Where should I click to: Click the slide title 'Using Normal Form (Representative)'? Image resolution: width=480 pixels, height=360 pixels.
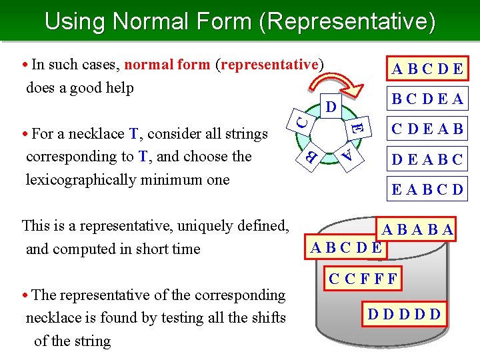click(240, 21)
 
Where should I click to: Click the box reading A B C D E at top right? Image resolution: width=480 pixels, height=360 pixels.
click(429, 69)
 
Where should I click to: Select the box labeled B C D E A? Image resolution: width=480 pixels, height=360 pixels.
click(427, 100)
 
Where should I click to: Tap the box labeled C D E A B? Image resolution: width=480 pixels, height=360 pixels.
click(427, 128)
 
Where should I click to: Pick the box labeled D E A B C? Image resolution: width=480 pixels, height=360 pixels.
click(427, 159)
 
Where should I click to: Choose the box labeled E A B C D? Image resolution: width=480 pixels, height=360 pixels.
click(427, 189)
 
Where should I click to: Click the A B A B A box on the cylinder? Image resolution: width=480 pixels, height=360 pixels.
click(418, 231)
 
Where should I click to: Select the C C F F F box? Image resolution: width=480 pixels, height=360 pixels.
click(363, 279)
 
